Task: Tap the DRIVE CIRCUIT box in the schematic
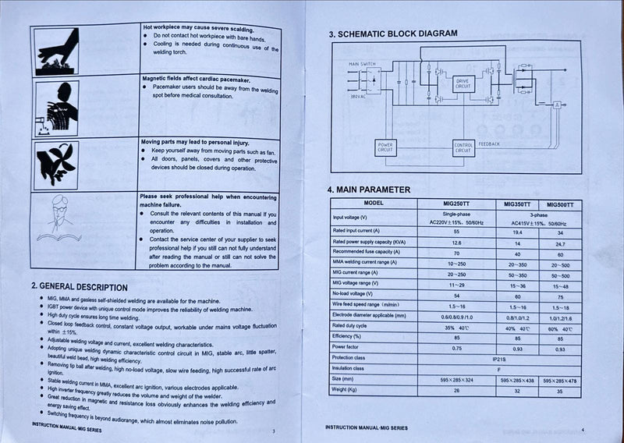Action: tap(463, 83)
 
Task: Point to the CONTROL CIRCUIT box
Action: tap(463, 147)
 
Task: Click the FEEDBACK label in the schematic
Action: tap(490, 144)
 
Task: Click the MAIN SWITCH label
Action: tap(362, 62)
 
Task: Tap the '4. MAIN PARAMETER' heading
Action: tap(369, 190)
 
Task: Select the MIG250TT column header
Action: tap(456, 204)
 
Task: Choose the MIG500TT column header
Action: tap(560, 204)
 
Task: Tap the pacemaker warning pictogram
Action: tap(57, 108)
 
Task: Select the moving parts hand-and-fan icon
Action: tap(57, 164)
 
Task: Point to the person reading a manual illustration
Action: tap(57, 220)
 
